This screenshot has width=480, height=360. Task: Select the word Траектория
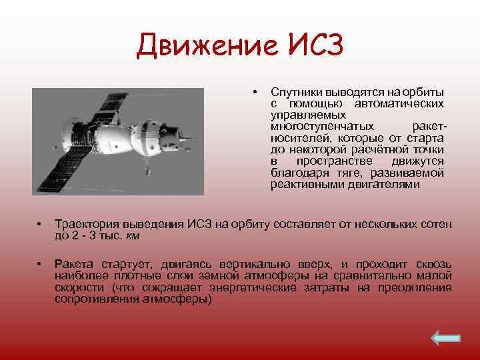[85, 225]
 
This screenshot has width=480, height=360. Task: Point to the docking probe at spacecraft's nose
[193, 140]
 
